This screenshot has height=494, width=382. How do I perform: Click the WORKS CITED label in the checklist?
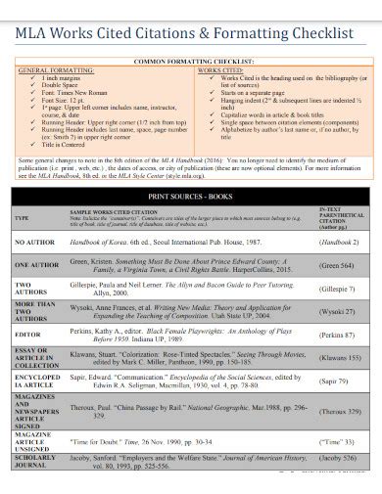tap(221, 71)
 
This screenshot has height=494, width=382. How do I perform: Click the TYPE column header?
tap(23, 244)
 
